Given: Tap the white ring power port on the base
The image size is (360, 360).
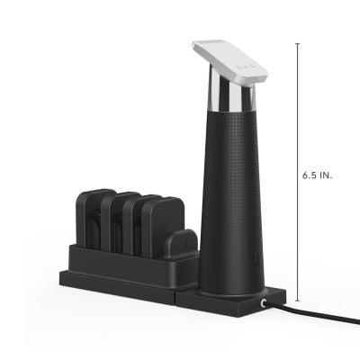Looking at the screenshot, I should [x=261, y=305].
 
